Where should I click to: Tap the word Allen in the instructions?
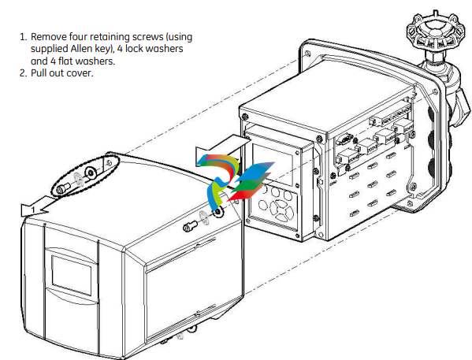pyautogui.click(x=81, y=49)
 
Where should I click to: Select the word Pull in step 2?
pyautogui.click(x=39, y=73)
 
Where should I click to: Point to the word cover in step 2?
pyautogui.click(x=80, y=73)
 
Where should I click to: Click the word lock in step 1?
pyautogui.click(x=133, y=49)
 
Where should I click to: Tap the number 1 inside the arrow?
pyautogui.click(x=33, y=210)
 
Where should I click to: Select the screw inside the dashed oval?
pyautogui.click(x=62, y=189)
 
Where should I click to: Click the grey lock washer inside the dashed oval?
pyautogui.click(x=79, y=180)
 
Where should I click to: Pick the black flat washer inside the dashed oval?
pyautogui.click(x=91, y=173)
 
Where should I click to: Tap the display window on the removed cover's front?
pyautogui.click(x=72, y=275)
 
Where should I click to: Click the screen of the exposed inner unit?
pyautogui.click(x=272, y=164)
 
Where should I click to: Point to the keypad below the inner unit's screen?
pyautogui.click(x=275, y=206)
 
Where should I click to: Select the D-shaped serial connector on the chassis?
pyautogui.click(x=344, y=139)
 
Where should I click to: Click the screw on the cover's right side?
pyautogui.click(x=190, y=226)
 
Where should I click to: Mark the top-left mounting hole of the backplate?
pyautogui.click(x=307, y=54)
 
